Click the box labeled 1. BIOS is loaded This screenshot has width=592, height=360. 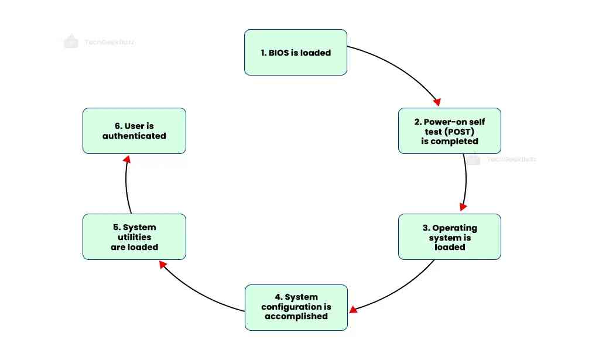tap(295, 53)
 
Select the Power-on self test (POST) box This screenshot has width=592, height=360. tap(449, 131)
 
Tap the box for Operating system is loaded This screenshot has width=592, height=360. tap(449, 236)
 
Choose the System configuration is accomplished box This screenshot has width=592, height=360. tap(296, 307)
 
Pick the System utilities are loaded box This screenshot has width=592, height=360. tap(134, 236)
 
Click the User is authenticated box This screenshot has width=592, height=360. tap(134, 131)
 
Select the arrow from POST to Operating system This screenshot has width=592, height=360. tap(466, 181)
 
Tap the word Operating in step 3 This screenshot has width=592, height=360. tap(454, 228)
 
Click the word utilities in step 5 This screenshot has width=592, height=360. tap(134, 237)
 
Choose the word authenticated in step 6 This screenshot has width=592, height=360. tap(134, 136)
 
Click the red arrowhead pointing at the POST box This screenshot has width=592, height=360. tap(436, 101)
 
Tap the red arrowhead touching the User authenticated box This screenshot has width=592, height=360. tap(126, 159)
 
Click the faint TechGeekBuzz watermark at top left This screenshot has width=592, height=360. tap(109, 42)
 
